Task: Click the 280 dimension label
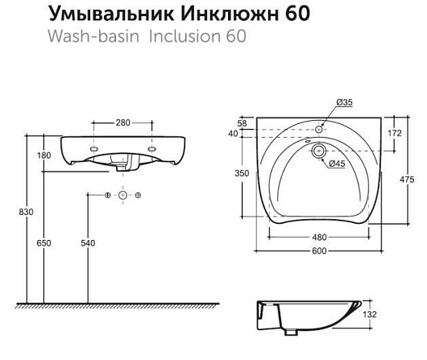pos(122,122)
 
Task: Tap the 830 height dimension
pos(26,212)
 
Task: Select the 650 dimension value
pos(44,243)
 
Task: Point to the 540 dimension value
pos(88,243)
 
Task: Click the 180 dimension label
pos(44,155)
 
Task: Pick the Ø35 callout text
pos(345,102)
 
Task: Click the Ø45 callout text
pos(337,163)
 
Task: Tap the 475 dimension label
pos(407,180)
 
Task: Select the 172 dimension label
pos(395,133)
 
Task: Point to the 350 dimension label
pos(242,173)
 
